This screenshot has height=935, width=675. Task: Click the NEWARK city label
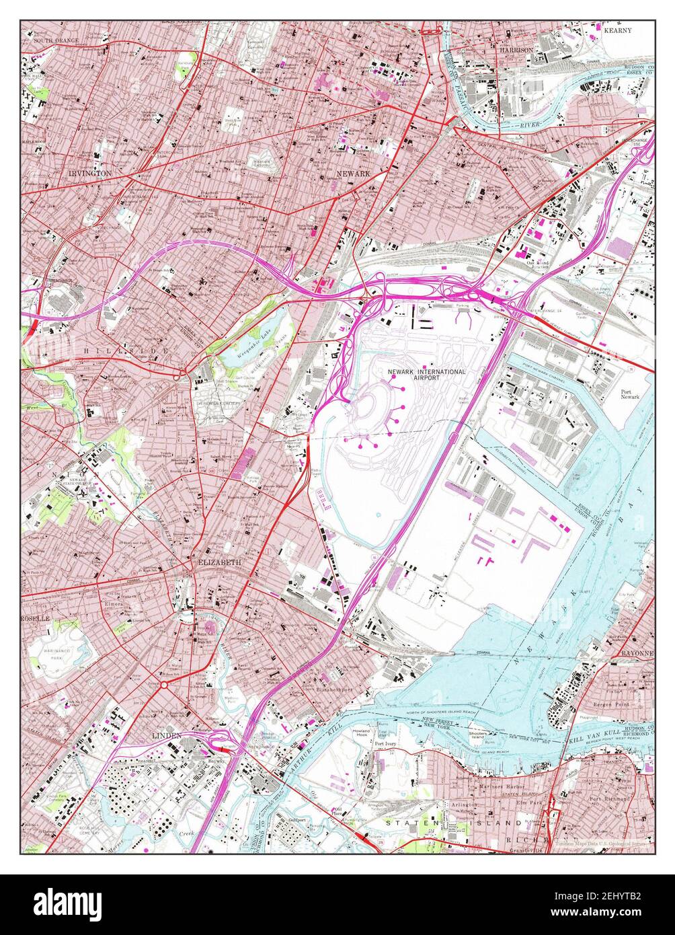click(353, 174)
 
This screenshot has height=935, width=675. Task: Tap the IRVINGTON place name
click(89, 173)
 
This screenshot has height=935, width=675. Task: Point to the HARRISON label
click(516, 50)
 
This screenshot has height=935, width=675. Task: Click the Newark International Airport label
click(426, 375)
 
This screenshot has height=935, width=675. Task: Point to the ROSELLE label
click(36, 618)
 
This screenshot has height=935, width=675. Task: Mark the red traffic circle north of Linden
click(163, 685)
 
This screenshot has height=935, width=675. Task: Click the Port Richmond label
click(610, 798)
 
